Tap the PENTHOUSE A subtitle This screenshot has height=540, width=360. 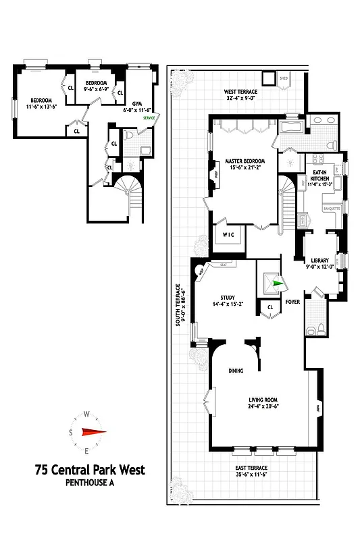90,483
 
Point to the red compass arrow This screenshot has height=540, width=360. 93,433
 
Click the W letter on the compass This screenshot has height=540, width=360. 86,415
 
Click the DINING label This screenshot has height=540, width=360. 235,371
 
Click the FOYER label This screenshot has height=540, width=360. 292,302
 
